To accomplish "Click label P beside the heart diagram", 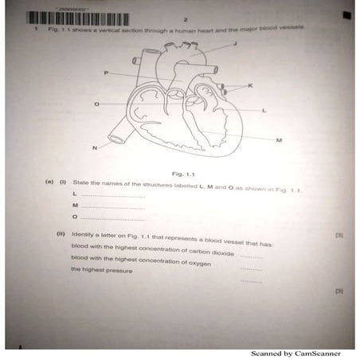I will point(105,72).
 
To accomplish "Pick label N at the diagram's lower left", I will point(95,148).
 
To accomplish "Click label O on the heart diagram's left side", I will point(97,104).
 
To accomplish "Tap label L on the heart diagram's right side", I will point(264,110).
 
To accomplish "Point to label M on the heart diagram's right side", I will point(279,140).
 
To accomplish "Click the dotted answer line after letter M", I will point(112,207).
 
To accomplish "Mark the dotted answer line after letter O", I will point(112,218).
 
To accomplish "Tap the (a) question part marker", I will point(49,182).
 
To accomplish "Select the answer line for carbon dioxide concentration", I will point(251,257).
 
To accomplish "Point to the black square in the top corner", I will point(346,14).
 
